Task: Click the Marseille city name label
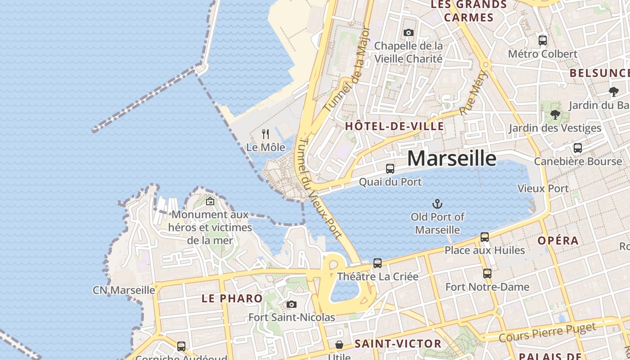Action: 452,158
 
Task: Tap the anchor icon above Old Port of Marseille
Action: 437,204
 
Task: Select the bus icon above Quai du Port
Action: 390,169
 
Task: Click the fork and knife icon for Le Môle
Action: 265,134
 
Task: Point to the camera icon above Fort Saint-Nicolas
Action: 292,305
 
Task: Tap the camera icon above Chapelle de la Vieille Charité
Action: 409,32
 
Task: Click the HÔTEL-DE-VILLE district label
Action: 395,126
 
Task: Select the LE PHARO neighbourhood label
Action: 232,298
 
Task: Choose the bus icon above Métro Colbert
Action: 543,40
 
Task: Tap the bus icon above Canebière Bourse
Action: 578,148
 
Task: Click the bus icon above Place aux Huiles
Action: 485,237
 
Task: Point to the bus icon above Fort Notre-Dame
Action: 487,274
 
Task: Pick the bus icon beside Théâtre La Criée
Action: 378,263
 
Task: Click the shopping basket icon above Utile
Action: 339,345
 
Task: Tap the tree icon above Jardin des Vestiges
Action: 555,115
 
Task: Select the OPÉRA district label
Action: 558,240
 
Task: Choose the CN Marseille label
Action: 124,290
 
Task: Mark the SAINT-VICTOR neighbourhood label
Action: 391,344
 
